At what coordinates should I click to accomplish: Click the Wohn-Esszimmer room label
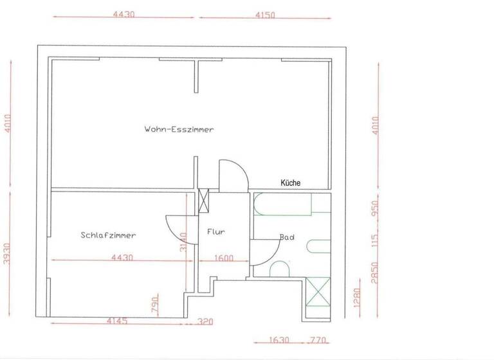coord(179,129)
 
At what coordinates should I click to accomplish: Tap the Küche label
coord(290,183)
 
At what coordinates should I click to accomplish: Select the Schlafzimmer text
coord(108,235)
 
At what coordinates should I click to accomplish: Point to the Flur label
coord(215,232)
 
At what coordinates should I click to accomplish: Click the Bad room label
coord(287,237)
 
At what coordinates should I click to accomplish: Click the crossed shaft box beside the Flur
coord(204,200)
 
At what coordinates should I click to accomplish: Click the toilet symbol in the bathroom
coord(280,269)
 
